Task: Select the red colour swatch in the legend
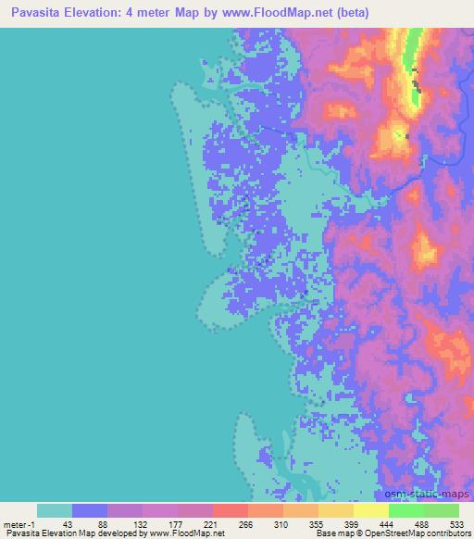click(x=230, y=510)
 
